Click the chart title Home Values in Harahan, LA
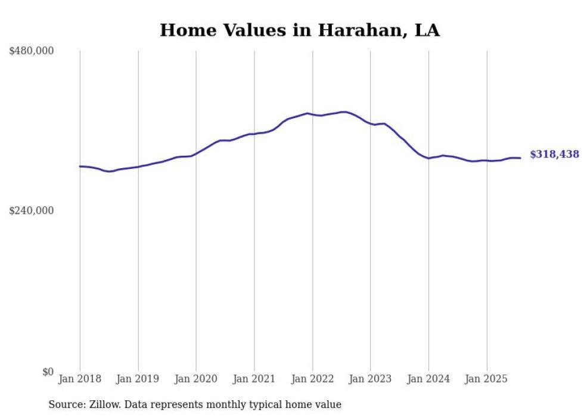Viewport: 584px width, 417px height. [300, 30]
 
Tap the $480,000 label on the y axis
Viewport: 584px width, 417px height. [32, 51]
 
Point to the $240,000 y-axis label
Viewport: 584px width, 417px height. [32, 211]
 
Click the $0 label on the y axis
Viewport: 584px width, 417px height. [48, 371]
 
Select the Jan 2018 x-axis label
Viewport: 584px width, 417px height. [80, 379]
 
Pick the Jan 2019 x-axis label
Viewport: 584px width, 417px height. [138, 379]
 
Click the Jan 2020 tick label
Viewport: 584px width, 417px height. [196, 379]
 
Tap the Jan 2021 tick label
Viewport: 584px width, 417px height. [254, 379]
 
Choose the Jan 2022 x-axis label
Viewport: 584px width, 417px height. [312, 379]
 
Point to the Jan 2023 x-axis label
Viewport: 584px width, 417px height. [371, 379]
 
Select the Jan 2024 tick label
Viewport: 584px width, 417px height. [428, 379]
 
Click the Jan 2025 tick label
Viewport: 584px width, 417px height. [487, 379]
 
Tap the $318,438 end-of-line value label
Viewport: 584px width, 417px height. [554, 155]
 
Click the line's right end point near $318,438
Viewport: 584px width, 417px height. [521, 158]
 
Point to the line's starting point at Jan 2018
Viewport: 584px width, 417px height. [80, 166]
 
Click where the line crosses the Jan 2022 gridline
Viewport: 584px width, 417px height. [312, 114]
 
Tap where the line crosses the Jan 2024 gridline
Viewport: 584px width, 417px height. [428, 158]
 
